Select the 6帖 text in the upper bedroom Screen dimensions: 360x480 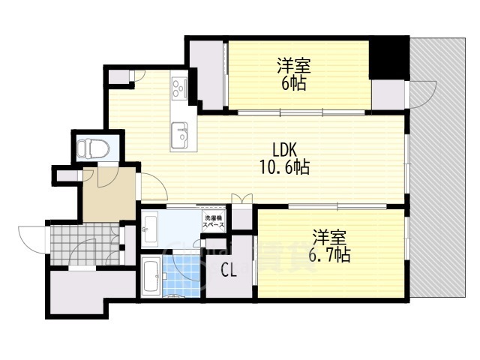point(293,83)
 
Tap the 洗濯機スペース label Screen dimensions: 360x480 point(214,223)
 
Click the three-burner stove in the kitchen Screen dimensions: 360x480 point(180,89)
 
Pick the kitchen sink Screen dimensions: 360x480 point(181,135)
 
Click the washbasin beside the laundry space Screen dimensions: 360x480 point(149,226)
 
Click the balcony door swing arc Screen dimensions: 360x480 point(420,94)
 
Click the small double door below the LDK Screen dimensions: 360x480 point(241,199)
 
